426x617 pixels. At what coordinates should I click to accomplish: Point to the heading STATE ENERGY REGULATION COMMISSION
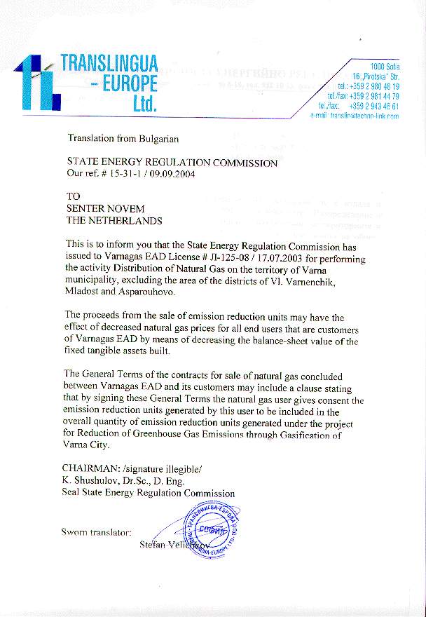click(x=172, y=163)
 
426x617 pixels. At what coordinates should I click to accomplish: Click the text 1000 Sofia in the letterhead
click(x=384, y=65)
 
